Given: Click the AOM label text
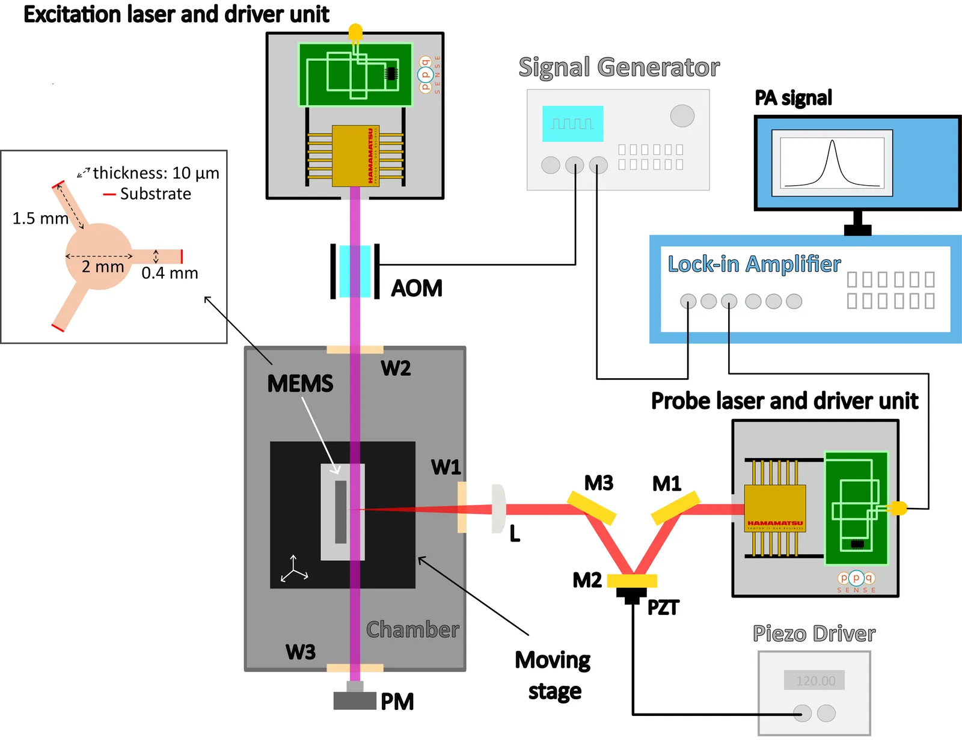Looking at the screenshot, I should [x=417, y=289].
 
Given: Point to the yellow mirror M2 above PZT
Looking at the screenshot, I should [x=632, y=581].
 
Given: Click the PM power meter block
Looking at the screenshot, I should [x=355, y=701].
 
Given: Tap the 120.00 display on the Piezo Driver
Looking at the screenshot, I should [x=815, y=680].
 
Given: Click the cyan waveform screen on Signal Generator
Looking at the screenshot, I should [x=572, y=124].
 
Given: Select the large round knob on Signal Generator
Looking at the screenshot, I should [x=682, y=115].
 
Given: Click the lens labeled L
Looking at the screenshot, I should [x=498, y=509].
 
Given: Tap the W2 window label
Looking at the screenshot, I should [x=396, y=368].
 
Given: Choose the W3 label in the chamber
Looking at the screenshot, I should [x=301, y=652].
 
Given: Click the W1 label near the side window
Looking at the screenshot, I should [x=446, y=467].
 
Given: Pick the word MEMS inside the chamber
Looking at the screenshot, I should [x=300, y=384].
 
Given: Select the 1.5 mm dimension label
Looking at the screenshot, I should [x=40, y=218].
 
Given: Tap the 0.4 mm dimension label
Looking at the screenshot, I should [x=170, y=274].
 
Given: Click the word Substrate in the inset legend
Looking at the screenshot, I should [x=155, y=194].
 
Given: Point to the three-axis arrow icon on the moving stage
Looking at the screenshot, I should [x=294, y=569].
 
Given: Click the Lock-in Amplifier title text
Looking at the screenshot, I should [x=754, y=264].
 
